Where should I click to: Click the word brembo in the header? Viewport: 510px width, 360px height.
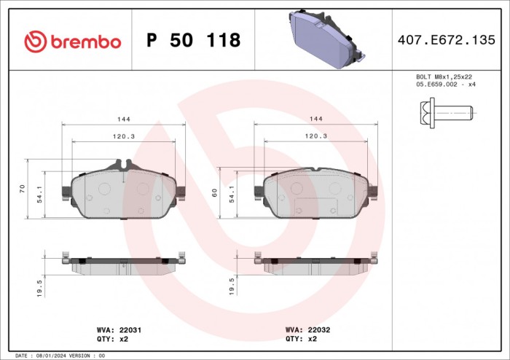pos(84,42)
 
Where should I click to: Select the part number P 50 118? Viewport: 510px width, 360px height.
pos(193,41)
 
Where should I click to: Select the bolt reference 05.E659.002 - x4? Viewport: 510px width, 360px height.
pos(445,85)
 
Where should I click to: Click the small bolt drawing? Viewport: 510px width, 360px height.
pos(445,112)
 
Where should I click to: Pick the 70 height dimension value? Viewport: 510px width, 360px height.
pos(23,188)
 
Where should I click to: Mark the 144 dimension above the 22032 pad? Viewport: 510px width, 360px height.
pos(316,118)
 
